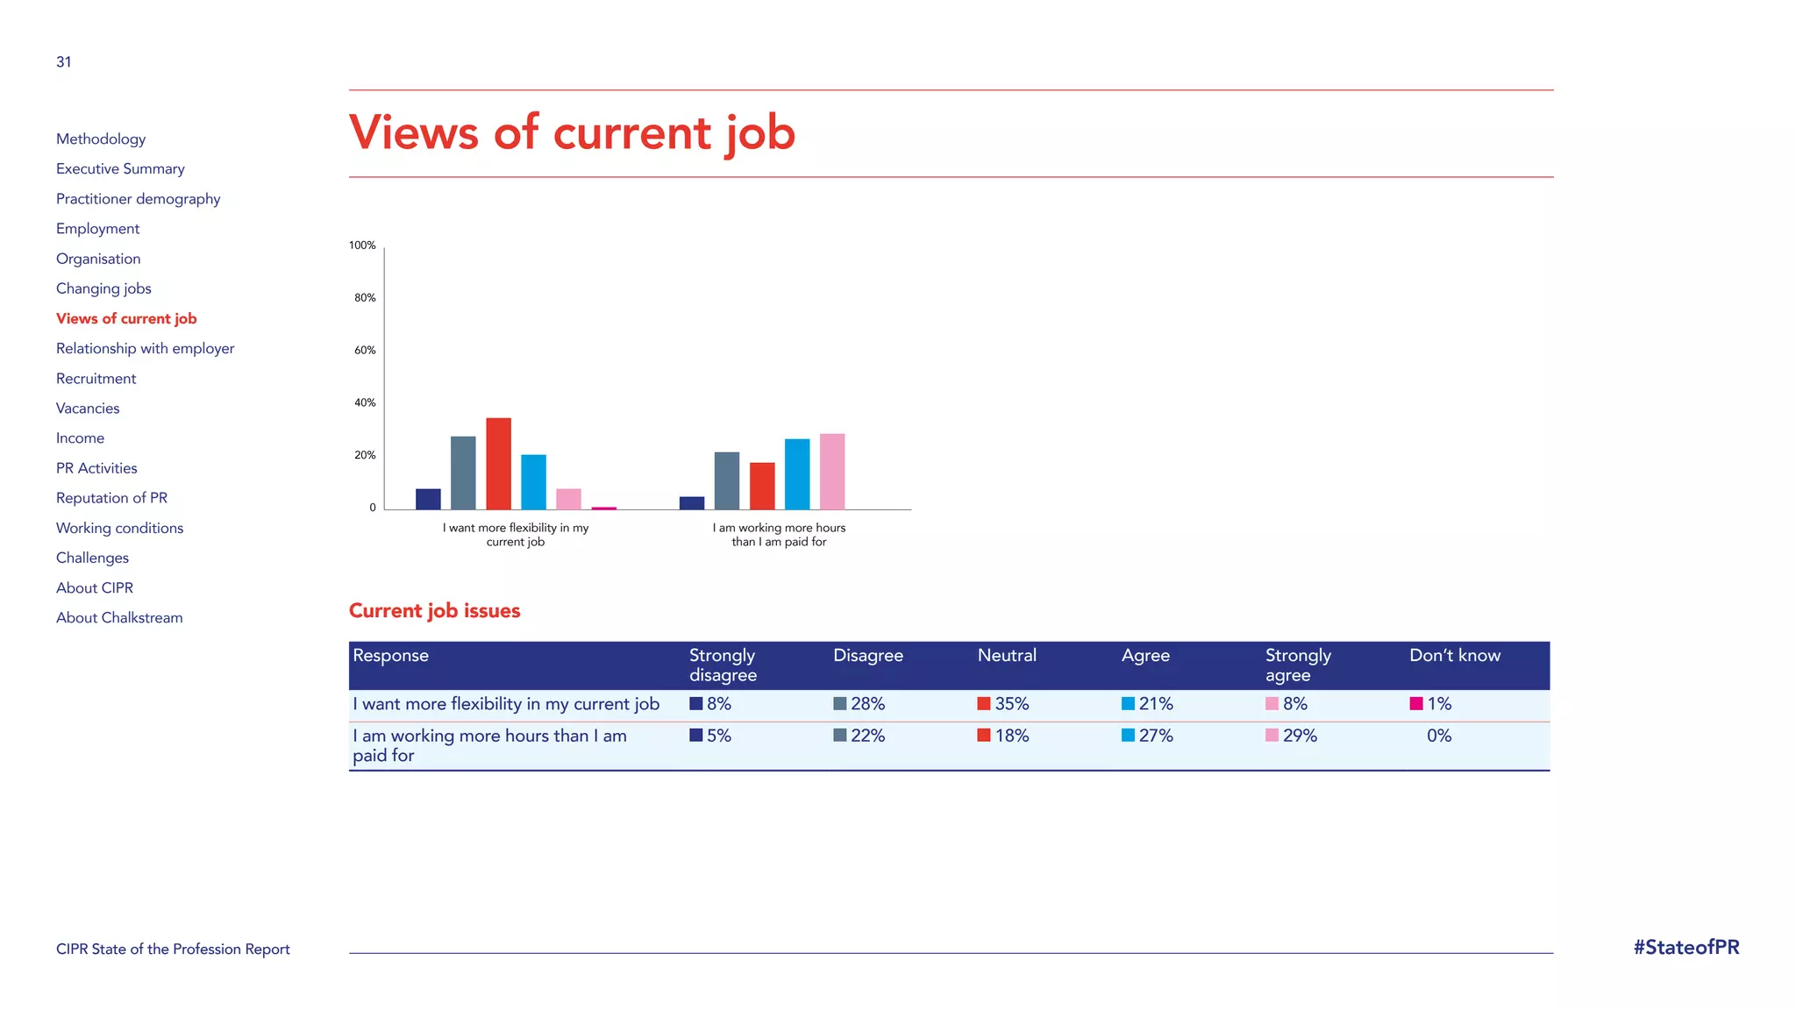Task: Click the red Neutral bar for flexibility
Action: pos(498,464)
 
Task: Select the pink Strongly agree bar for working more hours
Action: pos(832,472)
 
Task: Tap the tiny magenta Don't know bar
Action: pos(603,508)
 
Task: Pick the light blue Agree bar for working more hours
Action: pos(797,474)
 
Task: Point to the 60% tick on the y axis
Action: pos(365,351)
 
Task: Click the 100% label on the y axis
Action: pos(362,245)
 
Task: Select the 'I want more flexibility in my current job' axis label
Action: pos(516,535)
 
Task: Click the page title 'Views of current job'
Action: pos(572,133)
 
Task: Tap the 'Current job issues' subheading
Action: pos(434,611)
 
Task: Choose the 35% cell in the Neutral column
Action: pos(1011,704)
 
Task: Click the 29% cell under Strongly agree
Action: pos(1299,736)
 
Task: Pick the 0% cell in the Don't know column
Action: pos(1438,736)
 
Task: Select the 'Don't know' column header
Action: pos(1454,656)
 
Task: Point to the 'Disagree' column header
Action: pos(867,656)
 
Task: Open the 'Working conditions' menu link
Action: pos(120,528)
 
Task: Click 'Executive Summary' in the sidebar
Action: pos(120,169)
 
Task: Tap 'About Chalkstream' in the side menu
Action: pos(119,618)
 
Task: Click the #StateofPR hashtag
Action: pos(1686,948)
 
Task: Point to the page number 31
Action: pos(64,62)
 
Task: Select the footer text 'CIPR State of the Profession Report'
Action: pos(173,950)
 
